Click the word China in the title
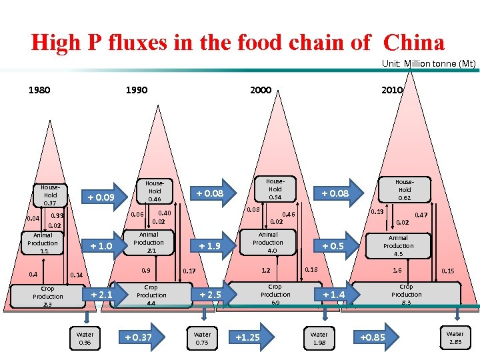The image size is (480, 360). point(413,43)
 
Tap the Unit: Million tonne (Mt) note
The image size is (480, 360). point(429,64)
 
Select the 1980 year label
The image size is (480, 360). point(39,90)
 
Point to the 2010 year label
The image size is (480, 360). point(392,90)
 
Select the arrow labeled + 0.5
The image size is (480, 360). point(333,246)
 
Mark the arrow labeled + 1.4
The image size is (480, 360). point(333,295)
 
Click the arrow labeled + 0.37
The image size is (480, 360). point(139,337)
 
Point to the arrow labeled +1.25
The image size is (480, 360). point(247,337)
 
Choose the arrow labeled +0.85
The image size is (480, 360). point(372,337)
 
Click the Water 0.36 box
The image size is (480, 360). point(85,338)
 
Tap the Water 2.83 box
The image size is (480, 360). point(455,337)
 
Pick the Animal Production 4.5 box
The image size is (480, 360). point(398,245)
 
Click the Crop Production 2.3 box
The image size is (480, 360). point(48,296)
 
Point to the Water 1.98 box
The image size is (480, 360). point(319,338)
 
